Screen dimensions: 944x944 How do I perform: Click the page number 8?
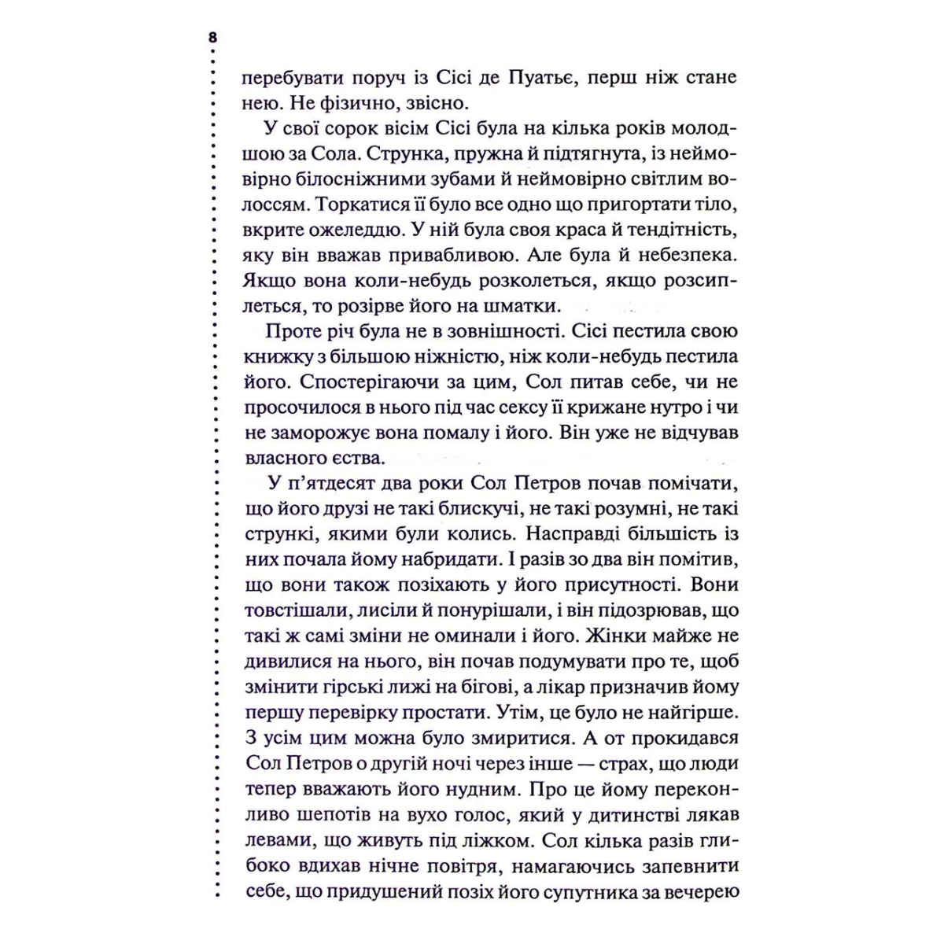tap(212, 38)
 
